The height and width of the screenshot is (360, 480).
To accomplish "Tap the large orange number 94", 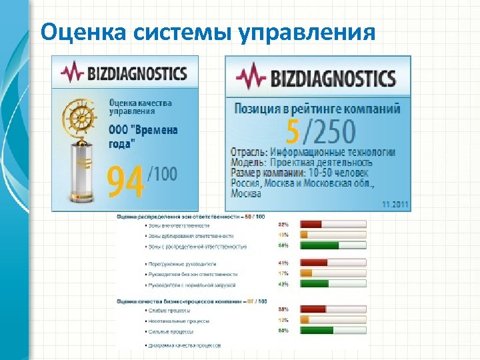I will click(x=125, y=181).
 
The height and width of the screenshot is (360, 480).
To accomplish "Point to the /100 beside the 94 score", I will click(x=163, y=175).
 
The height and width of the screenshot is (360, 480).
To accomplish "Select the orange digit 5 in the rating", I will click(x=292, y=132).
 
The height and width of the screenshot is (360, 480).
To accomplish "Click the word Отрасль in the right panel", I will click(x=248, y=153).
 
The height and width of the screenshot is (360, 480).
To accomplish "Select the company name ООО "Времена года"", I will click(x=143, y=136).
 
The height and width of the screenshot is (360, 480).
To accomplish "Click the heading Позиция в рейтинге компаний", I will click(x=317, y=108).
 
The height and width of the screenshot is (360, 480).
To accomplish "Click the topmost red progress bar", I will click(x=311, y=224).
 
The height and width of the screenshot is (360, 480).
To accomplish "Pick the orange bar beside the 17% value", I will click(x=307, y=273).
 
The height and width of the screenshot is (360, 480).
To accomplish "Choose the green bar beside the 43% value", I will click(x=315, y=284).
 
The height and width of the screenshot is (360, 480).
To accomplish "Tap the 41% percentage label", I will click(x=283, y=263).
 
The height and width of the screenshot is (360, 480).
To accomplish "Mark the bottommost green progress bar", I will click(x=317, y=331).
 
